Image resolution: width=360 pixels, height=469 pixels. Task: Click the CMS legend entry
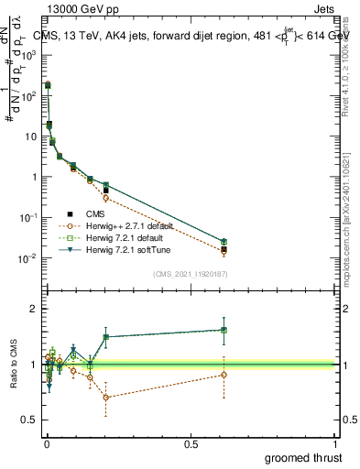94,213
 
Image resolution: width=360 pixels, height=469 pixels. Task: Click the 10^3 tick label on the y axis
29,55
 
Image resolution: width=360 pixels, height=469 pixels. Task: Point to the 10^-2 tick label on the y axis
29,258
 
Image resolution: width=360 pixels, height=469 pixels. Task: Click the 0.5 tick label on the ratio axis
30,420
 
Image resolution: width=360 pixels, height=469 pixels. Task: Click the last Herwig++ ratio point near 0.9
224,375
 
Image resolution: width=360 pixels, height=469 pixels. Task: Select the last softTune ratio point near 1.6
224,330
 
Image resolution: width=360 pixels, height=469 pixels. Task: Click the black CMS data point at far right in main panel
224,248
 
